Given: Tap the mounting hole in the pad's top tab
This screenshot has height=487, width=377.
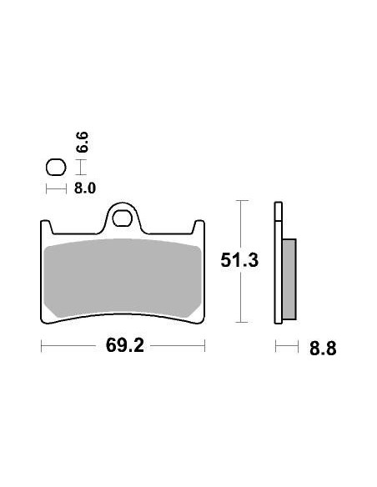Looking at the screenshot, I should point(123,221).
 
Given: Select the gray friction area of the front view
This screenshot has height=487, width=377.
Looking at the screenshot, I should point(123,279).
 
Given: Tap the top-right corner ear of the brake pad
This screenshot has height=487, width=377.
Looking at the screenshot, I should point(200,226).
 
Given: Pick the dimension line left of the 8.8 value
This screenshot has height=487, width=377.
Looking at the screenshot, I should point(286,346).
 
